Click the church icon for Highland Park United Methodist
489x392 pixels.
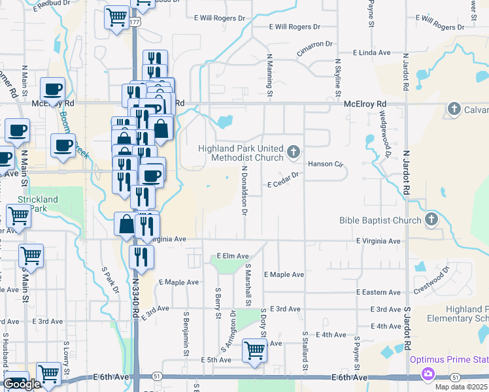click(294, 154)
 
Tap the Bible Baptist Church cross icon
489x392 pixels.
click(431, 220)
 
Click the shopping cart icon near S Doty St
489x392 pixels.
click(254, 350)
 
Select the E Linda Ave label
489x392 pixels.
click(371, 52)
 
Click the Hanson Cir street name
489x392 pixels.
click(326, 164)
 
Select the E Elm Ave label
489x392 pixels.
click(233, 255)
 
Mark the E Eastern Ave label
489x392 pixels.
click(377, 292)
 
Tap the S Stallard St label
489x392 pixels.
click(305, 353)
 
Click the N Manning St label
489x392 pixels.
click(269, 72)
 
